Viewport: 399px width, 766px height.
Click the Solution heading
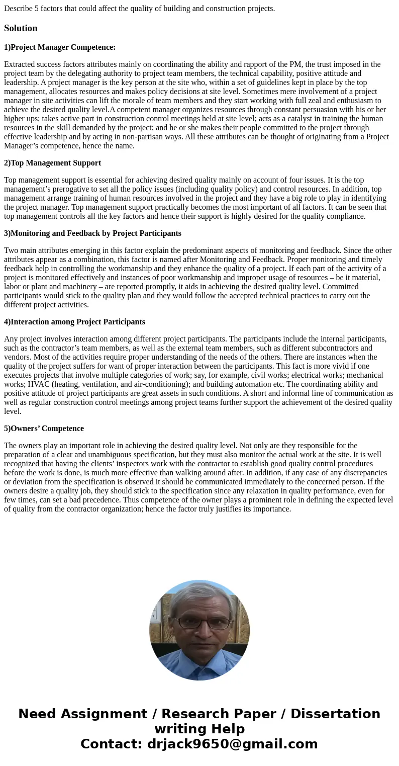[x=21, y=28]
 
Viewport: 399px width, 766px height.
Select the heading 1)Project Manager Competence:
[x=60, y=47]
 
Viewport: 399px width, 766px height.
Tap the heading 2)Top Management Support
[x=52, y=163]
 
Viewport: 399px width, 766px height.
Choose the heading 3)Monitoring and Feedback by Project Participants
[x=92, y=233]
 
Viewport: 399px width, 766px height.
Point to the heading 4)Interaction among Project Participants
[x=74, y=322]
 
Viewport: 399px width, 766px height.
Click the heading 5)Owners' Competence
[x=44, y=429]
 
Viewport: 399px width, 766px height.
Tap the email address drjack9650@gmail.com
[x=232, y=744]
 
